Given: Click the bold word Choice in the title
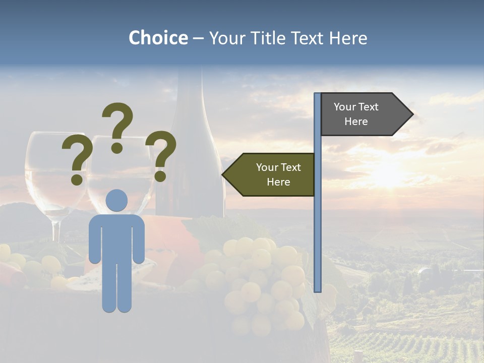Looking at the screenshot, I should coord(158,38).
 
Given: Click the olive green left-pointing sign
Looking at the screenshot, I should coord(272,174).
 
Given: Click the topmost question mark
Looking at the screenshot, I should coord(118,126).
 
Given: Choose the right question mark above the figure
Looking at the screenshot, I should coord(161,155).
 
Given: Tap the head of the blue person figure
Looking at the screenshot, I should coord(116,200).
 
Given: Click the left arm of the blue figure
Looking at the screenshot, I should coord(94,239).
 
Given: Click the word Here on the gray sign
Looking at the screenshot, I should coord(356,122).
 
